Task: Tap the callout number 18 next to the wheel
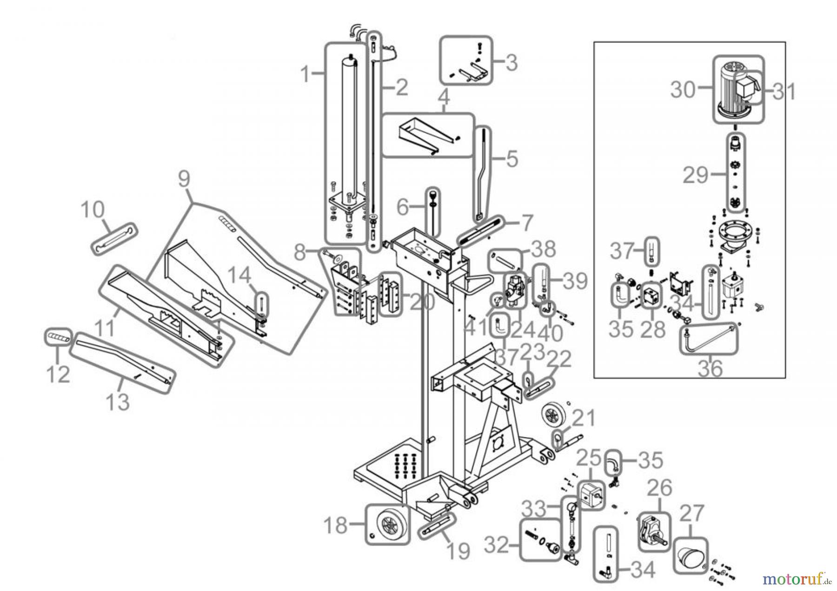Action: [335, 525]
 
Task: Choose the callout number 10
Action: [93, 210]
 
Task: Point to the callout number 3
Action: [511, 62]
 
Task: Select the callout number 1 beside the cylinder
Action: [305, 74]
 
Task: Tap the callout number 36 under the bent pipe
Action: [710, 368]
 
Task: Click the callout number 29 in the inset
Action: [695, 175]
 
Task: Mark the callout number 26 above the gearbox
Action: [660, 488]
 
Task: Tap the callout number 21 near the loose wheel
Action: [584, 418]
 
